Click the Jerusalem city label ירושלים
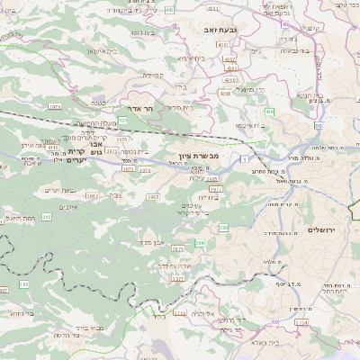[320, 230]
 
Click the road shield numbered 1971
[54, 105]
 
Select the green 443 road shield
[195, 8]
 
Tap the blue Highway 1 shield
[243, 158]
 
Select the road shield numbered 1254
[301, 321]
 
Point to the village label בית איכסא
[251, 124]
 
